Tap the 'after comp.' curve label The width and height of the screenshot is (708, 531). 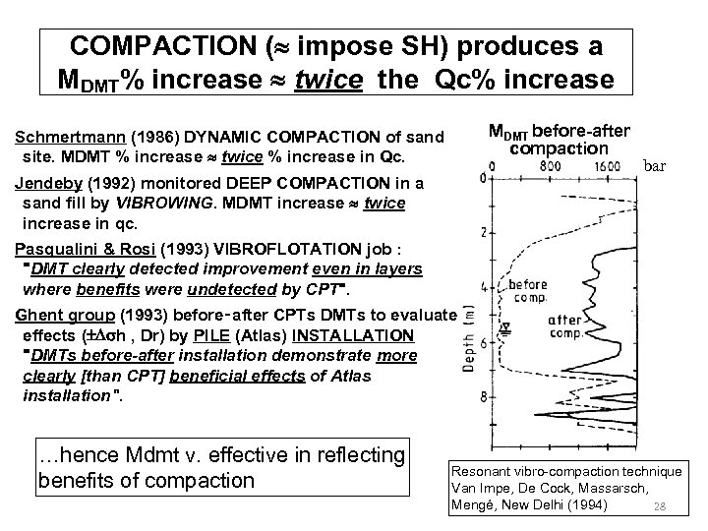pos(567,326)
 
